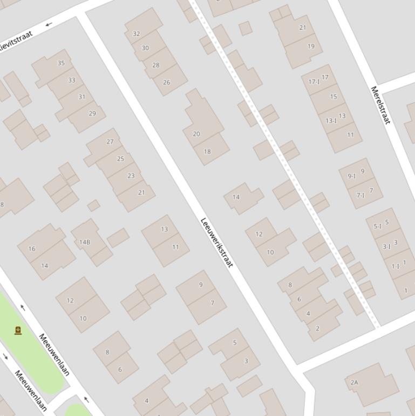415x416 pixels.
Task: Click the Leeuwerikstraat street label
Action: tap(217, 243)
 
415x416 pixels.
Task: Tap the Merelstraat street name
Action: tap(380, 105)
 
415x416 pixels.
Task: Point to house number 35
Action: tap(61, 63)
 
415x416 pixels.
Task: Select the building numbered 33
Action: tap(72, 80)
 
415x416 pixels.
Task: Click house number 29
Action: tap(92, 113)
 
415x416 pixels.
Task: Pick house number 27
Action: tap(110, 142)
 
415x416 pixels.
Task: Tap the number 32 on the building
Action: tap(136, 33)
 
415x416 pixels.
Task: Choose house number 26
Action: tap(166, 83)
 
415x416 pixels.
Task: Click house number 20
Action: tap(196, 134)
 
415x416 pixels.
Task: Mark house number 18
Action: tap(207, 152)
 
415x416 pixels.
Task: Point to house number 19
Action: tap(311, 46)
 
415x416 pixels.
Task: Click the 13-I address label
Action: tap(331, 121)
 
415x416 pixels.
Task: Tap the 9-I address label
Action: tap(352, 176)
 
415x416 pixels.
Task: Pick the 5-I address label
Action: tap(378, 226)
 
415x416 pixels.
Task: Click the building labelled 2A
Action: tap(354, 383)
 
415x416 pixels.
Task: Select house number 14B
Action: tap(85, 242)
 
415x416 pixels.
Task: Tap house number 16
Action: tap(32, 249)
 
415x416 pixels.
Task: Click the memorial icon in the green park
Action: tap(18, 330)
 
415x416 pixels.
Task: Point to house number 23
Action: tap(131, 176)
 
